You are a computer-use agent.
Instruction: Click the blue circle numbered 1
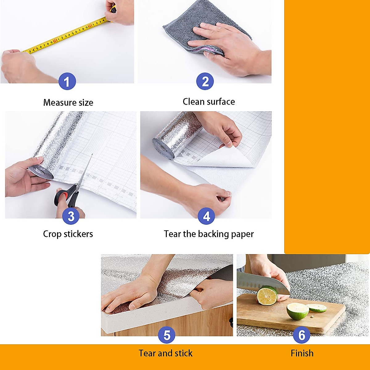[x=67, y=82]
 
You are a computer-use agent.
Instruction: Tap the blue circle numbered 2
[x=205, y=82]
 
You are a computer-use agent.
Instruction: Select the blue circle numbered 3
[x=71, y=216]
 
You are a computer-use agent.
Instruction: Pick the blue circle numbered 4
[x=207, y=216]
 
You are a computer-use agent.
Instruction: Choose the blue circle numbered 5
[x=166, y=335]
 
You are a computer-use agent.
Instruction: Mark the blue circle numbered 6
[x=302, y=335]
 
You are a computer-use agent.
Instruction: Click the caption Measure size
[x=68, y=102]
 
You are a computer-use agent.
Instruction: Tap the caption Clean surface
[x=209, y=102]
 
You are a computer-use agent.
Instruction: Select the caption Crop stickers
[x=68, y=234]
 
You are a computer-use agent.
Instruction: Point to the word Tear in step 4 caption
[x=172, y=234]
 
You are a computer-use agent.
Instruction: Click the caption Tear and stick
[x=166, y=353]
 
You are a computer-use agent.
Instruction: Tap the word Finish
[x=302, y=353]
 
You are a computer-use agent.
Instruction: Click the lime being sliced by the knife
[x=267, y=295]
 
